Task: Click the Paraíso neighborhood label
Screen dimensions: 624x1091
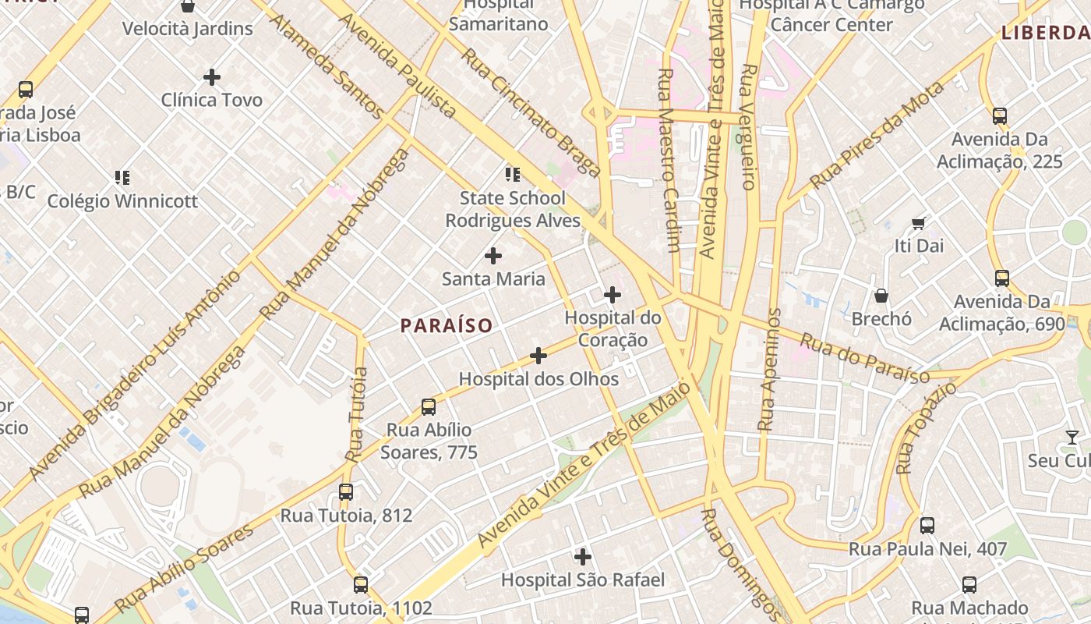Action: (x=447, y=325)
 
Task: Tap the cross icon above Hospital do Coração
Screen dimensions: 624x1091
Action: (x=613, y=295)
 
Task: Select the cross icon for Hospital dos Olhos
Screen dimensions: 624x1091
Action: (x=538, y=356)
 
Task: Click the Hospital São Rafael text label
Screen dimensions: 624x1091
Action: (x=582, y=580)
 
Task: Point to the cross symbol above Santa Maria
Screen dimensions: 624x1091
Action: (x=493, y=256)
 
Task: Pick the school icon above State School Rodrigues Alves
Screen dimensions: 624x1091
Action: (x=512, y=174)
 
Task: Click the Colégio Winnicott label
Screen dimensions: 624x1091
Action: (x=122, y=201)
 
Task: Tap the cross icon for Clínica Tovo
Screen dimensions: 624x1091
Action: (x=211, y=77)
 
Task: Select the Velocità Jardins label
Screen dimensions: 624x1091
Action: (x=187, y=29)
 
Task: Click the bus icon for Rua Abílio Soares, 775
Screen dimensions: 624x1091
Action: (x=428, y=406)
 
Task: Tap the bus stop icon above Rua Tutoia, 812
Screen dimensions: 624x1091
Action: (x=345, y=492)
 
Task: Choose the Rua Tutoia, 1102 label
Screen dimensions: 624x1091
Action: (x=360, y=608)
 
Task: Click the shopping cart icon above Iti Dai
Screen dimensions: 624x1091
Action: (x=919, y=223)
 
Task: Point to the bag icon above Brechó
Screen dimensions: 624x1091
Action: (x=881, y=296)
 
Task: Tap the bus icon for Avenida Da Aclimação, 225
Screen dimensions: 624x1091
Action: (x=999, y=116)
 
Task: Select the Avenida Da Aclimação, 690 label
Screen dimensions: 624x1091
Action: (x=1001, y=312)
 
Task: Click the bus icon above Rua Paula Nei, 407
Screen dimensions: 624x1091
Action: (x=927, y=526)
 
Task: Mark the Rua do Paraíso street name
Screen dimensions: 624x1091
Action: (x=864, y=359)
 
